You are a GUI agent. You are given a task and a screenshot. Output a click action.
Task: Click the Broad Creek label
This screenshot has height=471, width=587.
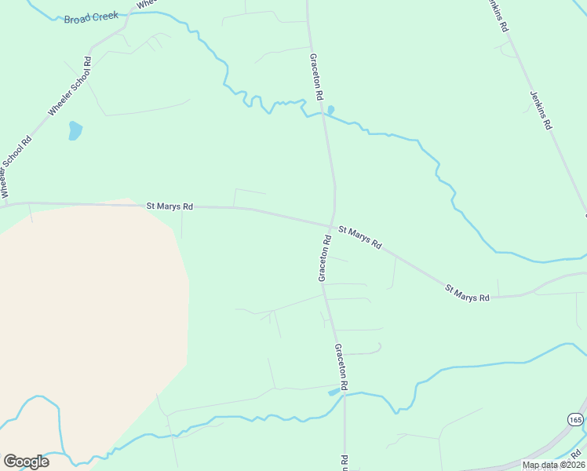(x=91, y=16)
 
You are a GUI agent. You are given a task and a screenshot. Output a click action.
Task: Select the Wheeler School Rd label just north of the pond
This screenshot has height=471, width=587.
(x=71, y=86)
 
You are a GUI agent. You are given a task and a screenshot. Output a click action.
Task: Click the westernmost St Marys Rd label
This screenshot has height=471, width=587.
(x=170, y=206)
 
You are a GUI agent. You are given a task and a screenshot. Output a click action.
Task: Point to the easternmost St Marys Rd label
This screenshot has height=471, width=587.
(x=467, y=292)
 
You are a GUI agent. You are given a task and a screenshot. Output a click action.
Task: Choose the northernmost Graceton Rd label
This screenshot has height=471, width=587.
(x=316, y=77)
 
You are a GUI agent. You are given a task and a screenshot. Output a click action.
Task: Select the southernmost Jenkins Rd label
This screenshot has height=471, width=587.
(x=541, y=109)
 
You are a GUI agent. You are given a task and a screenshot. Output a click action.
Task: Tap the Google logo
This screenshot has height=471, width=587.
(x=26, y=462)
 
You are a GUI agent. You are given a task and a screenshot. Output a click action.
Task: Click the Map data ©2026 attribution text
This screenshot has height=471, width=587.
(x=553, y=465)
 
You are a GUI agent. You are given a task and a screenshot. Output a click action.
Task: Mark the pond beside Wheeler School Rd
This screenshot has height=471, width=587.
(x=75, y=130)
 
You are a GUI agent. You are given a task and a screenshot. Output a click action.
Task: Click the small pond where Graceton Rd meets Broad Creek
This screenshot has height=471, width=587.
(x=330, y=109)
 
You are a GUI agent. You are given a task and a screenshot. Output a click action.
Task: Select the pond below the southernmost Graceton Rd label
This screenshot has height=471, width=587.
(x=334, y=391)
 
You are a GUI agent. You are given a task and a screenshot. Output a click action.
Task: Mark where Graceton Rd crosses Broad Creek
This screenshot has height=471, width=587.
(x=323, y=113)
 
